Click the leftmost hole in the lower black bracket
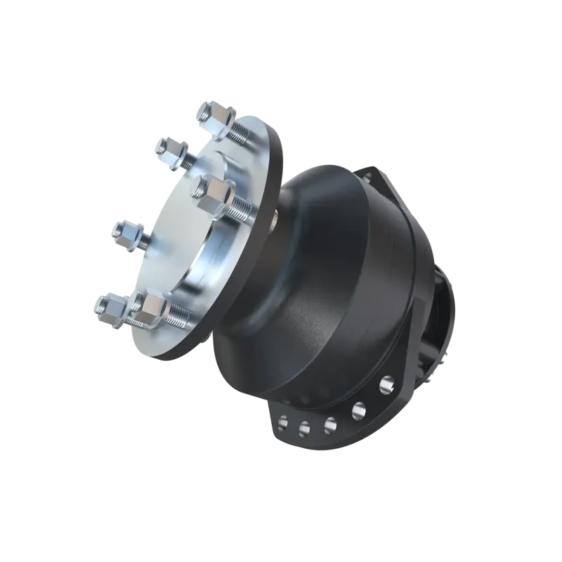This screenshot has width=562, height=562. (285, 423)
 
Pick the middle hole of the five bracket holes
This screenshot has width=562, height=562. (328, 423)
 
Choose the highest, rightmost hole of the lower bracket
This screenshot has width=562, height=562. (385, 384)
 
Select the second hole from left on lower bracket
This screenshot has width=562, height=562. (305, 426)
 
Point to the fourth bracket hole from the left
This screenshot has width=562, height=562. (358, 407)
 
